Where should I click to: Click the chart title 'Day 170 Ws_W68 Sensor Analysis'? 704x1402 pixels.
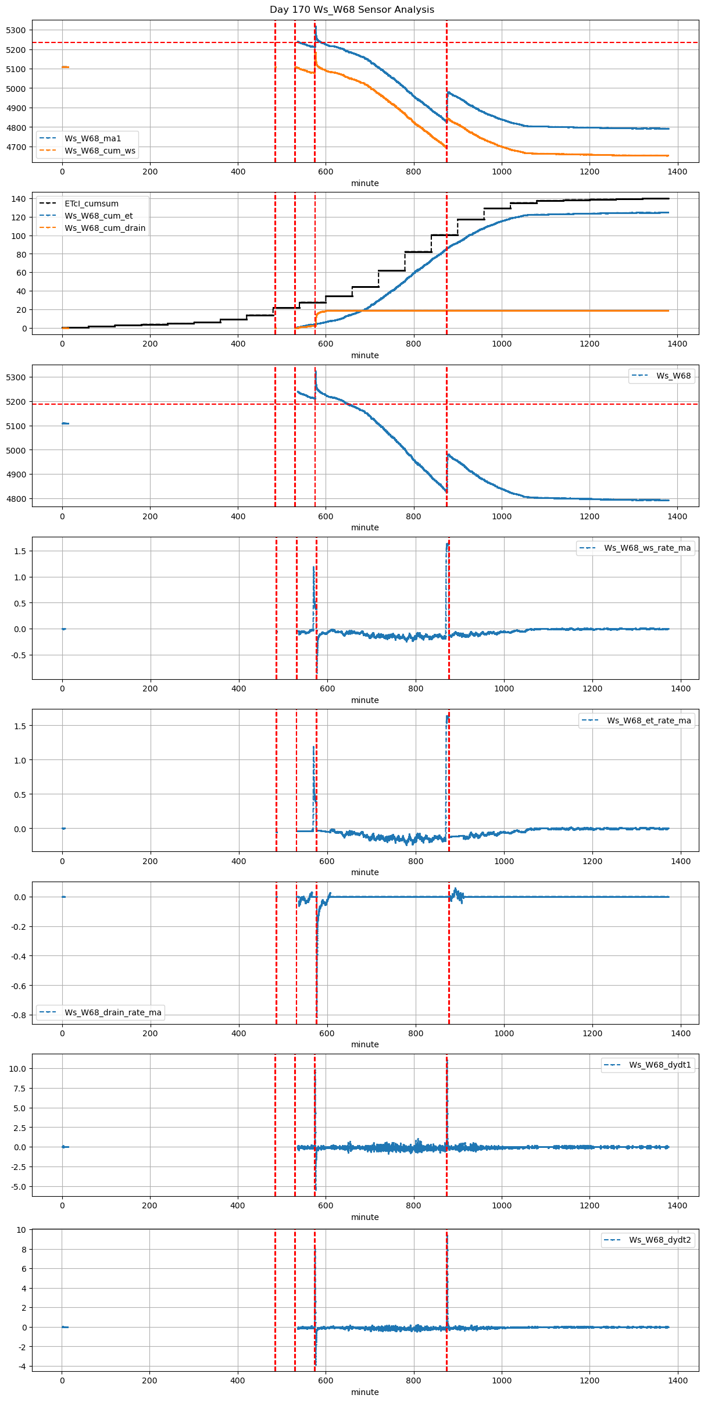(352, 10)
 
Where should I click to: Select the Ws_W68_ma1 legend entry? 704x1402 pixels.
(92, 138)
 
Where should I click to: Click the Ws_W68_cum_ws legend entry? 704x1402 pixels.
(99, 151)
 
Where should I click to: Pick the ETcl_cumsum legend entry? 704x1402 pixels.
(91, 204)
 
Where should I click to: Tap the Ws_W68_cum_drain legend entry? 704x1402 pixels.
(105, 228)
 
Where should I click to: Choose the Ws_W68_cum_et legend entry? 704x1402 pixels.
(98, 216)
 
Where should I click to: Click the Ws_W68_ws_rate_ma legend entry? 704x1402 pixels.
(647, 548)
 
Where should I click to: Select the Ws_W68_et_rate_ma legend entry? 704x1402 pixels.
(649, 720)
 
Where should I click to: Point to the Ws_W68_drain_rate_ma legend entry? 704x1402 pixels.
(113, 1012)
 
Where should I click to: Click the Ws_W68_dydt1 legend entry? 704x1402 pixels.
(660, 1065)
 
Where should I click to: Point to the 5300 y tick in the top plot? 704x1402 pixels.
(16, 30)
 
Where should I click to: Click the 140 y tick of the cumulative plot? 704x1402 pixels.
(19, 199)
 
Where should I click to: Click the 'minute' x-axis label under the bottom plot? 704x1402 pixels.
(364, 1392)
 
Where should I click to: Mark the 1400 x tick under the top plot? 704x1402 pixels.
(677, 172)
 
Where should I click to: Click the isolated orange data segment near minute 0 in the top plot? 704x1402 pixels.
(65, 67)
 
